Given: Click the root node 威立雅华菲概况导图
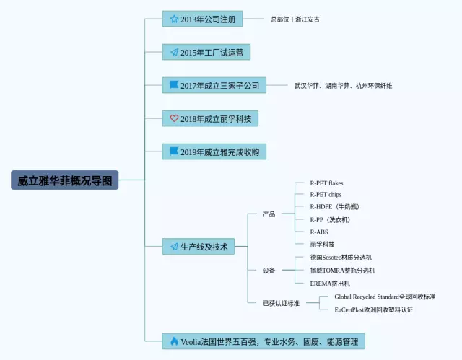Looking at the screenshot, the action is (64, 180).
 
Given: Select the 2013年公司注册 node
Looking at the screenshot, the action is (203, 19).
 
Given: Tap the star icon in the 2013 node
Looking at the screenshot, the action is (174, 19).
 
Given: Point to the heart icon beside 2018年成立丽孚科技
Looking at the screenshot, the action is (174, 118).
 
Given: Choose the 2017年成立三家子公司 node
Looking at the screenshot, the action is (214, 85).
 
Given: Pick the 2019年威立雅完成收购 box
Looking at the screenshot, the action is (214, 152).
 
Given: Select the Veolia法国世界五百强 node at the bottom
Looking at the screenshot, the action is (263, 341).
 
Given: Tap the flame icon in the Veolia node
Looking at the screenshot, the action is (174, 341).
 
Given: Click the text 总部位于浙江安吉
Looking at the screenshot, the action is (295, 19).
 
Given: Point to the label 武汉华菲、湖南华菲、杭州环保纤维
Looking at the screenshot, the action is (344, 85).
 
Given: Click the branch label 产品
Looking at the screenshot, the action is (269, 214).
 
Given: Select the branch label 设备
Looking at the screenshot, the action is (269, 271).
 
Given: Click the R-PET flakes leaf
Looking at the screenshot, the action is (326, 183).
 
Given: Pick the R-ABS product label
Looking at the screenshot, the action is (319, 232).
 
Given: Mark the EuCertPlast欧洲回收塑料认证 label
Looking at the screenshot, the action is (373, 309).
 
